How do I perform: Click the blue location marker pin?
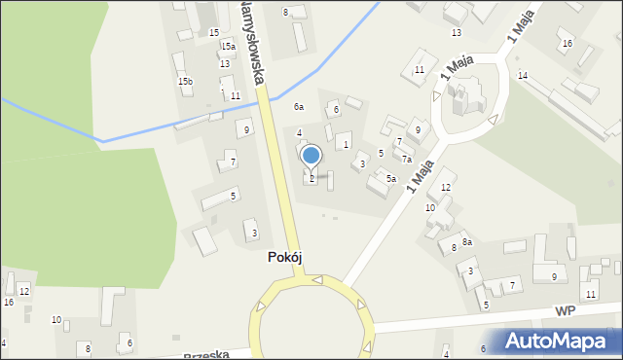point(311,156)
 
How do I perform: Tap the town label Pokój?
point(290,258)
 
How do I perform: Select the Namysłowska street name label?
point(252,43)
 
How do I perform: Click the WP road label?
point(567,311)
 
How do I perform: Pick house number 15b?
point(185,81)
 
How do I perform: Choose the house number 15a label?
point(228,46)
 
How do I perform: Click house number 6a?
point(300,107)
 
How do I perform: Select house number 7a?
point(408,160)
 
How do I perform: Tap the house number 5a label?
point(390,179)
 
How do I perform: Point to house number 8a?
point(467,241)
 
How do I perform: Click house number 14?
point(523,76)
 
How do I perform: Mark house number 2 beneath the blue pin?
point(311,178)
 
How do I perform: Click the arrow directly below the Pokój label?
point(317,281)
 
